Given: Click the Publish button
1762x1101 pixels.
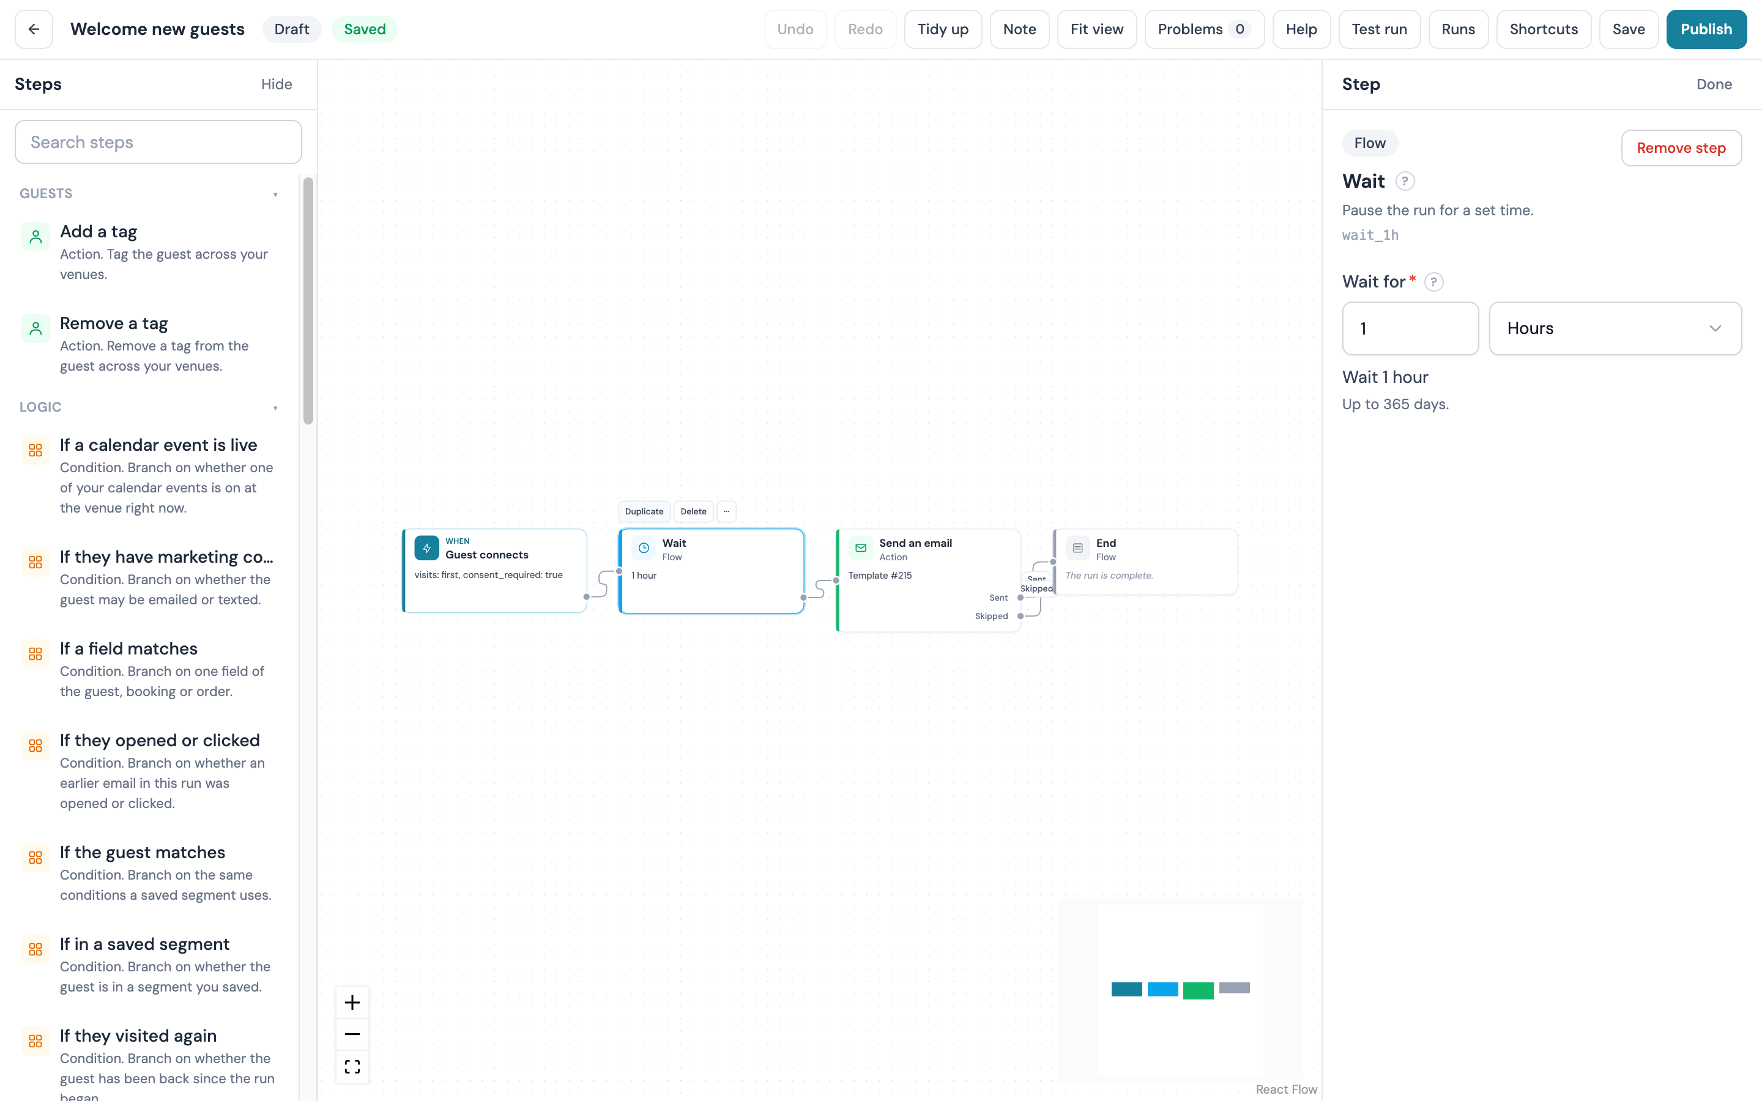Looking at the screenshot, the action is (x=1706, y=29).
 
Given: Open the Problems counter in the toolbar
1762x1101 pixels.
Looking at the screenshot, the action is (x=1203, y=29).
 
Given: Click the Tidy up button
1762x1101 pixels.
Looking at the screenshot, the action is (x=943, y=29).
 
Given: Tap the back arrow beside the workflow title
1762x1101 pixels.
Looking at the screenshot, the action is (x=34, y=29).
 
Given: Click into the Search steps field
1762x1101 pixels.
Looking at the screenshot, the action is (x=158, y=142).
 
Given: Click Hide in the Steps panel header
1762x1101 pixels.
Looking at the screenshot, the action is (x=277, y=84).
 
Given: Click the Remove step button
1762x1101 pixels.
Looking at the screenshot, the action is (x=1681, y=148).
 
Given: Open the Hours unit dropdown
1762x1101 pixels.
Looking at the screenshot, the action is (x=1615, y=328).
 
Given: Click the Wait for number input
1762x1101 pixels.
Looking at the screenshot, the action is (x=1410, y=328).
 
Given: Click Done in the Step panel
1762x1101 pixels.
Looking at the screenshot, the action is (x=1714, y=84).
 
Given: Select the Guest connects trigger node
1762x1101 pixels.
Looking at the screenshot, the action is (x=495, y=570).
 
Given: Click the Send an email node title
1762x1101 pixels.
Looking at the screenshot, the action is (x=915, y=543).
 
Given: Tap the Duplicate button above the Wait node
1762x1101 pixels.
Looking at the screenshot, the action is (x=644, y=511).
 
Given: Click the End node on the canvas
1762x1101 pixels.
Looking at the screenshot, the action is (x=1145, y=562).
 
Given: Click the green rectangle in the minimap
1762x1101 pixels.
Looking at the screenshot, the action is (x=1198, y=990).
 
